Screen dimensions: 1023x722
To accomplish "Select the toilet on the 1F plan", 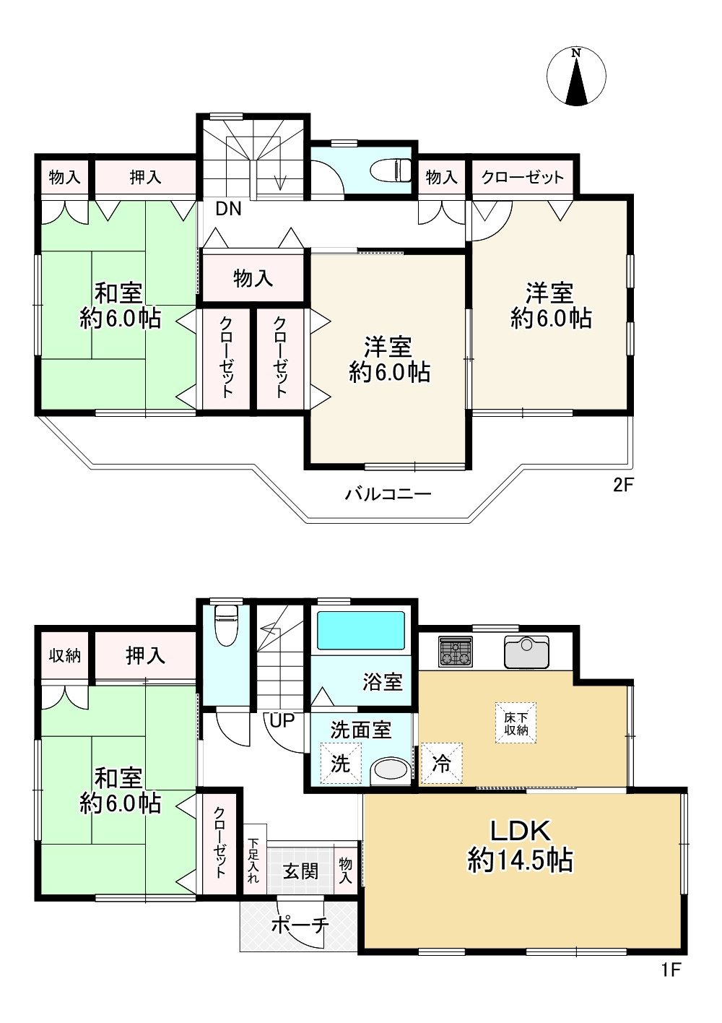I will click(x=226, y=626).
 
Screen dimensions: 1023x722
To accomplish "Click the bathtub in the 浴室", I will click(x=361, y=631).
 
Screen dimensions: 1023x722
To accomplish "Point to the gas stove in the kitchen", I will click(x=456, y=652).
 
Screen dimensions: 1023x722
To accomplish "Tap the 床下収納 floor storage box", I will click(x=516, y=723).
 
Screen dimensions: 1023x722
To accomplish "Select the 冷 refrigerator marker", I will click(x=441, y=763).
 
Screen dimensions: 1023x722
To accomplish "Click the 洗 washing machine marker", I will click(x=340, y=763).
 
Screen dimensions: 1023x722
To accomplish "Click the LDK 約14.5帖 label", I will click(x=521, y=845).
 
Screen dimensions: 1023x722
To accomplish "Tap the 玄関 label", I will click(x=300, y=871).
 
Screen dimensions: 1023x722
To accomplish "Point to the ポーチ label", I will click(x=300, y=925).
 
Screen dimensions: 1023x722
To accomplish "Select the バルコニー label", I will click(x=388, y=495).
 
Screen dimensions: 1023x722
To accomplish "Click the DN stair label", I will click(x=228, y=210).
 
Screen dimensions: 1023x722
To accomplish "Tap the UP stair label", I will click(x=282, y=720).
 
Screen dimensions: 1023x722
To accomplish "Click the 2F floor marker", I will click(x=622, y=485).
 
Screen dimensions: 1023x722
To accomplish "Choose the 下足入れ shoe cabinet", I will click(x=253, y=860).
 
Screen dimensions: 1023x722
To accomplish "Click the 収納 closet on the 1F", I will click(x=64, y=656).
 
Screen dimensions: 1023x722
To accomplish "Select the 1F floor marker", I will click(x=671, y=970).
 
